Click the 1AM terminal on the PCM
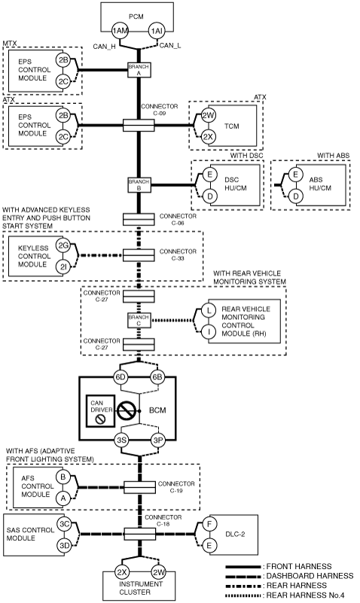[x=120, y=31]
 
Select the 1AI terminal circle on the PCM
[x=157, y=31]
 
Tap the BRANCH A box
[x=139, y=69]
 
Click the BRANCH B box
[x=139, y=185]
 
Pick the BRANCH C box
[x=139, y=321]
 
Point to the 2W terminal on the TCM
[x=208, y=115]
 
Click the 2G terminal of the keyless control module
[x=63, y=245]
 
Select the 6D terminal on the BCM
[x=121, y=377]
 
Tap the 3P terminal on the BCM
[x=158, y=440]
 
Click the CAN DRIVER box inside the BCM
[x=100, y=411]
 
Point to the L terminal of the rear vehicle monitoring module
[x=209, y=310]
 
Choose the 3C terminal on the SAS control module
[x=64, y=524]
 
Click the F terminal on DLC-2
[x=209, y=523]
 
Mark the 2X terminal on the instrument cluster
[x=122, y=572]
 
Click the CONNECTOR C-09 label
[x=159, y=110]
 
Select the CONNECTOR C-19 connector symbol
[x=139, y=487]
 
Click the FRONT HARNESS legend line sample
[x=243, y=567]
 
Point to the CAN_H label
[x=104, y=47]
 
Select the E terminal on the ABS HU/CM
[x=295, y=175]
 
